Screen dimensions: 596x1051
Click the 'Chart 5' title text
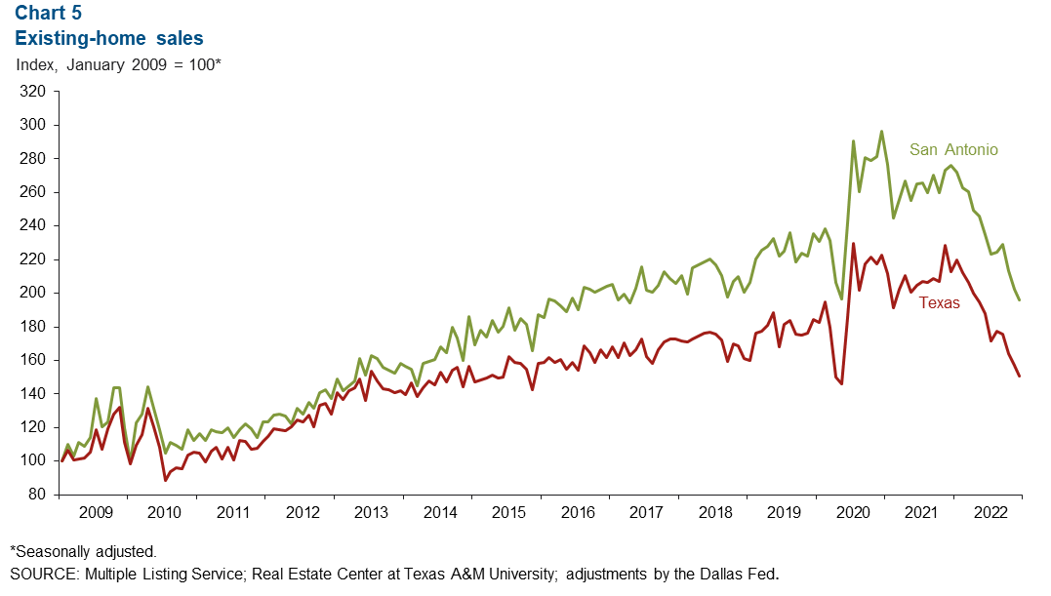pos(49,15)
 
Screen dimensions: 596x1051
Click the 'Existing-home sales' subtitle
pos(108,39)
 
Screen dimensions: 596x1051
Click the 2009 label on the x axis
pos(94,512)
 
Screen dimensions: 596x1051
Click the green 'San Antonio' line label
pos(953,150)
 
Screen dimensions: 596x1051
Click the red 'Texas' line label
pos(939,303)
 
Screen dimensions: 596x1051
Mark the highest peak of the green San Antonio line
pos(881,131)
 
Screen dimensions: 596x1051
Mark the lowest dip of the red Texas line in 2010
pos(165,480)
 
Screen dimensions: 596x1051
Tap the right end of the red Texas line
pos(1020,377)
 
